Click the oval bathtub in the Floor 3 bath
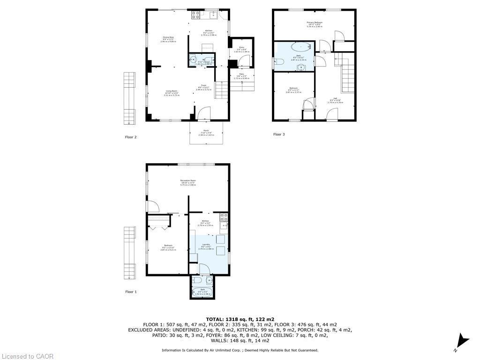click(300, 47)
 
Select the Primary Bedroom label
click(314, 23)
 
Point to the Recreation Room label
click(188, 181)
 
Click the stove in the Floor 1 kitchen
click(224, 217)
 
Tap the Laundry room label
click(205, 246)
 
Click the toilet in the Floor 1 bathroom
click(198, 280)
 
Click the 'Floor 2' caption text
click(131, 137)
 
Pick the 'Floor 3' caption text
click(279, 135)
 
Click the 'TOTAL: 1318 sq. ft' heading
click(240, 319)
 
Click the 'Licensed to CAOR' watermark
click(27, 356)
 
